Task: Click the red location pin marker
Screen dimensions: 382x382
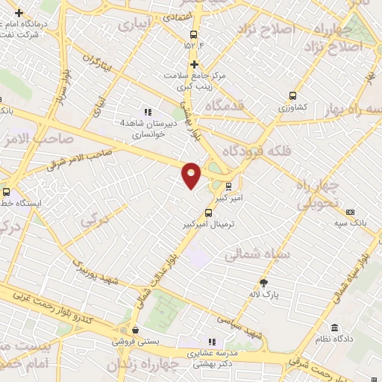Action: click(x=192, y=175)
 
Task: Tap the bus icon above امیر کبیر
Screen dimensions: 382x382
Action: click(x=228, y=187)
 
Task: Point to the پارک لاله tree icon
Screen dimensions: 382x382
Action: click(x=263, y=282)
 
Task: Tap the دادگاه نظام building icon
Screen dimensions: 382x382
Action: click(x=334, y=328)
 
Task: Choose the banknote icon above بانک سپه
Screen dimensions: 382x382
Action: click(x=351, y=212)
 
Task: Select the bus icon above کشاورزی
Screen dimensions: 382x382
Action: click(x=292, y=95)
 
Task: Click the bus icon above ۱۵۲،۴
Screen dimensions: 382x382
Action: click(x=194, y=34)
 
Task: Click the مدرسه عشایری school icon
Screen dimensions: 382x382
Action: click(x=213, y=342)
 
